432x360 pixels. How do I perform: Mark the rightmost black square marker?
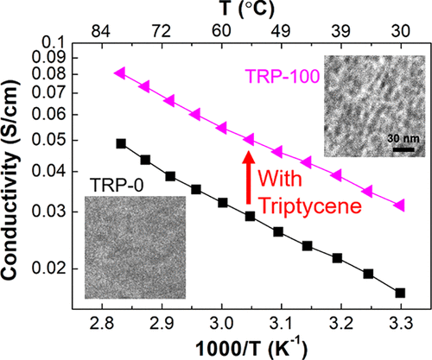(x=400, y=294)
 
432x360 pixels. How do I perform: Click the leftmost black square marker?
(x=121, y=143)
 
